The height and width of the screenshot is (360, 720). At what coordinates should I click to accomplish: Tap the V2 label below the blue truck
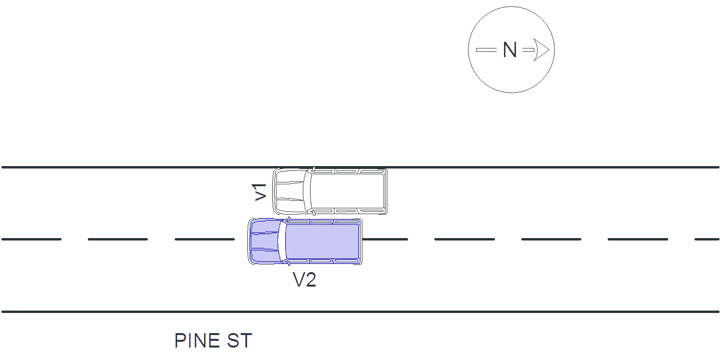point(304,279)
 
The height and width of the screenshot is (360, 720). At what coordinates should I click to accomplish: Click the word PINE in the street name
point(197,341)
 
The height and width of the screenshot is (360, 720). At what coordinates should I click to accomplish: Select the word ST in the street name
point(240,341)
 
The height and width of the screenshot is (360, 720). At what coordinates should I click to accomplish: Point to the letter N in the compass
point(509,50)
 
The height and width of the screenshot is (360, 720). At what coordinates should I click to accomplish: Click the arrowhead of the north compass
point(541,50)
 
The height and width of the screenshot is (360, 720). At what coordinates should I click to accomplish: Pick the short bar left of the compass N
point(486,50)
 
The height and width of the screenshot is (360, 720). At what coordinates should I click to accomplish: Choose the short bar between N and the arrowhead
point(528,50)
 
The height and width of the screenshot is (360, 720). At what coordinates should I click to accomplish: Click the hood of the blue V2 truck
point(264,241)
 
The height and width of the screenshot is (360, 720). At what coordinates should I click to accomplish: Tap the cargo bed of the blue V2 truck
point(323,241)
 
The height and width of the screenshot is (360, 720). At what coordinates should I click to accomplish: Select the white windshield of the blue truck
point(283,241)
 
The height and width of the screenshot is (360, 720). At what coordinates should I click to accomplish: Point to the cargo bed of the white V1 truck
point(348,191)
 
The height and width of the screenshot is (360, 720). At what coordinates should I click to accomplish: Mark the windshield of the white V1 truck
point(308,191)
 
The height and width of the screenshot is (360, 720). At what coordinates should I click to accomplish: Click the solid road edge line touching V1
point(360,167)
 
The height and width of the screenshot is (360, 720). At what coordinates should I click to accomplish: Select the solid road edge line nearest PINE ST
point(360,312)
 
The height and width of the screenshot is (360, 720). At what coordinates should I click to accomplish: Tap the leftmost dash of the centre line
point(32,239)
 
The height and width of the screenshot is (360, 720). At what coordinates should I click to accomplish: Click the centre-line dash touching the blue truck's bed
point(385,239)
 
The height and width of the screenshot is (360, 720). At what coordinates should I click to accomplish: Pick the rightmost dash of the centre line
point(707,239)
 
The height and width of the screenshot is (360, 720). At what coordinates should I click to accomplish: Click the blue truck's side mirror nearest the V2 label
point(289,263)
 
